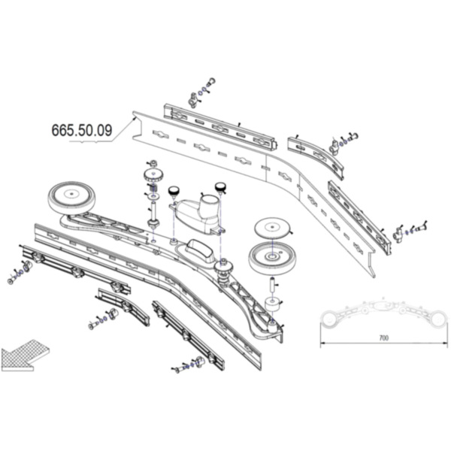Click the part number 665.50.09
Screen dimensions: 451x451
point(82,130)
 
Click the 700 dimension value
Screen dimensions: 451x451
point(384,337)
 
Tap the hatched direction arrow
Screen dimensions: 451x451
point(26,356)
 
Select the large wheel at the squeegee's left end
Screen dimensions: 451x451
point(71,198)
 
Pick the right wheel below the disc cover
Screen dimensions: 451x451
point(273,258)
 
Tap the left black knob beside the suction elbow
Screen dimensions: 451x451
point(174,191)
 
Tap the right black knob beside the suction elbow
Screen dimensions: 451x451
point(221,187)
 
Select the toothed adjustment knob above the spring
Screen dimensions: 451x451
point(153,174)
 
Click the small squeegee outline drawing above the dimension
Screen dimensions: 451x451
point(384,313)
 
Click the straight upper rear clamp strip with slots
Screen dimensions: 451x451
point(220,127)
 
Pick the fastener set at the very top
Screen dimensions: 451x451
point(202,92)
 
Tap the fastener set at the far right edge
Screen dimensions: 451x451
point(411,230)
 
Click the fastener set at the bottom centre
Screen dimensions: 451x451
point(189,365)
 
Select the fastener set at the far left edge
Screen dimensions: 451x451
point(20,271)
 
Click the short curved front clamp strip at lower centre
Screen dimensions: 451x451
point(124,307)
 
